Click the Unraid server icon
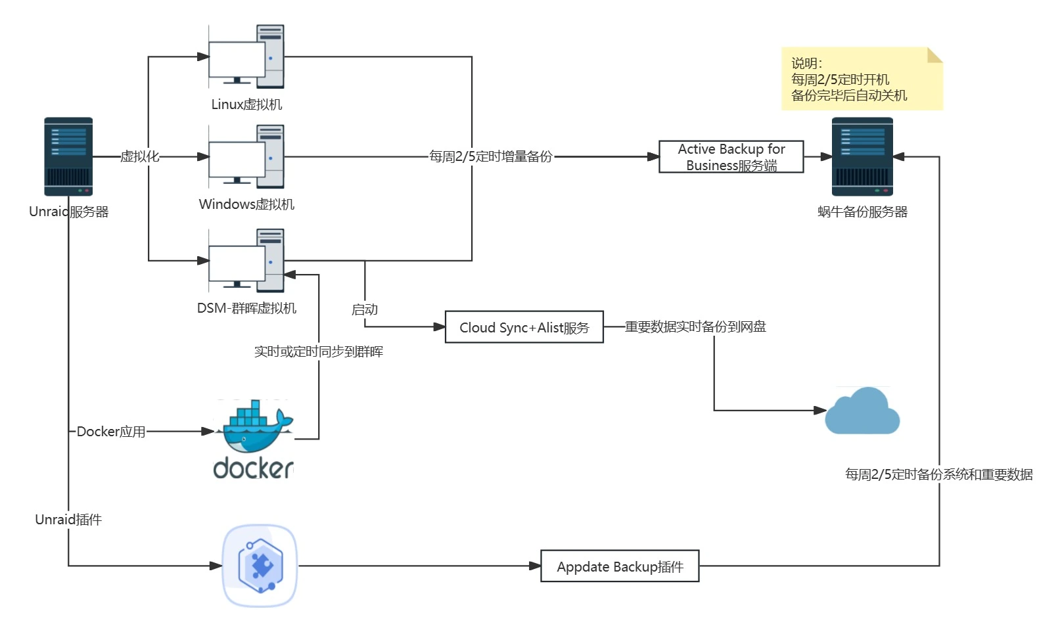(68, 156)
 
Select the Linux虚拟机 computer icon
(246, 56)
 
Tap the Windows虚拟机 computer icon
(246, 156)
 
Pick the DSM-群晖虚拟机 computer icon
(246, 260)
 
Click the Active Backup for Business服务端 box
(731, 157)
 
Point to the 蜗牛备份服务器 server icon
(862, 156)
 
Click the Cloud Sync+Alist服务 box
(524, 327)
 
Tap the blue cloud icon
(862, 411)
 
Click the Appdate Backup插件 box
(619, 566)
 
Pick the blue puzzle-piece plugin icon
(260, 566)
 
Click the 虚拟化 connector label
(139, 156)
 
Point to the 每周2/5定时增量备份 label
(490, 156)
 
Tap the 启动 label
(365, 309)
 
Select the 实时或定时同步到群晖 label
(319, 351)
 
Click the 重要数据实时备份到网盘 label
(695, 327)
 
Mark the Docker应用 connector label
(110, 432)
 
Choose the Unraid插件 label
(68, 520)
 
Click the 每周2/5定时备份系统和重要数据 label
(938, 474)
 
